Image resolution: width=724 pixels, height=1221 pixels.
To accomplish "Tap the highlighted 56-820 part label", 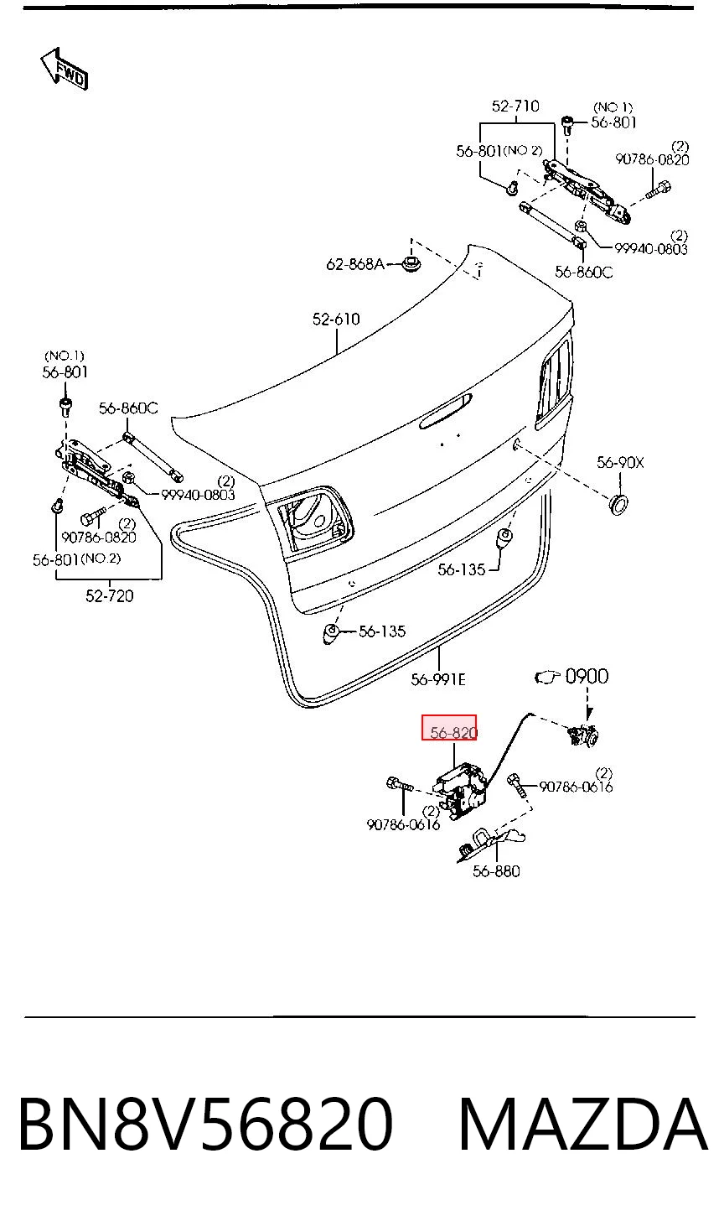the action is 453,733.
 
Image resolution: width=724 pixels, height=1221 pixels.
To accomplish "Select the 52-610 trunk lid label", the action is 336,319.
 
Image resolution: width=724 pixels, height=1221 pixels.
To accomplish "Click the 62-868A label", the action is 355,264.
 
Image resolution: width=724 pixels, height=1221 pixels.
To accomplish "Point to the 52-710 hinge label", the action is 515,106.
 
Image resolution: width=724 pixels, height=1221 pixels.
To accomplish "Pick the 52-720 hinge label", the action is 110,595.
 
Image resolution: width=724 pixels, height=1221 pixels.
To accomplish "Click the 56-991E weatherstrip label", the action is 438,680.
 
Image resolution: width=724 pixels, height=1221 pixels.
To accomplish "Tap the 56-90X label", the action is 620,463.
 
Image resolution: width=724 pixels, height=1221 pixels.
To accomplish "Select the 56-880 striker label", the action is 496,871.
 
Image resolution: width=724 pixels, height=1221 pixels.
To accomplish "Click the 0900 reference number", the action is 587,677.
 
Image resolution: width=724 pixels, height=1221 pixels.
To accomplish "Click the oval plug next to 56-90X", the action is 618,505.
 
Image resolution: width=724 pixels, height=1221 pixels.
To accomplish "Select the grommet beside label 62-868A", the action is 411,265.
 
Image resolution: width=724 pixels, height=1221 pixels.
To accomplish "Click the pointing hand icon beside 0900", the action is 547,678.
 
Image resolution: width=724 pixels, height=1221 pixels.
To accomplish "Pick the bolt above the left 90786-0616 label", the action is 400,785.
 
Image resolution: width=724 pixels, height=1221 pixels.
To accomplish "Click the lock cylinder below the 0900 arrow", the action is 582,735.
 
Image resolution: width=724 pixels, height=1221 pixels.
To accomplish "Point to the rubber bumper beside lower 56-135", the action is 331,635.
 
